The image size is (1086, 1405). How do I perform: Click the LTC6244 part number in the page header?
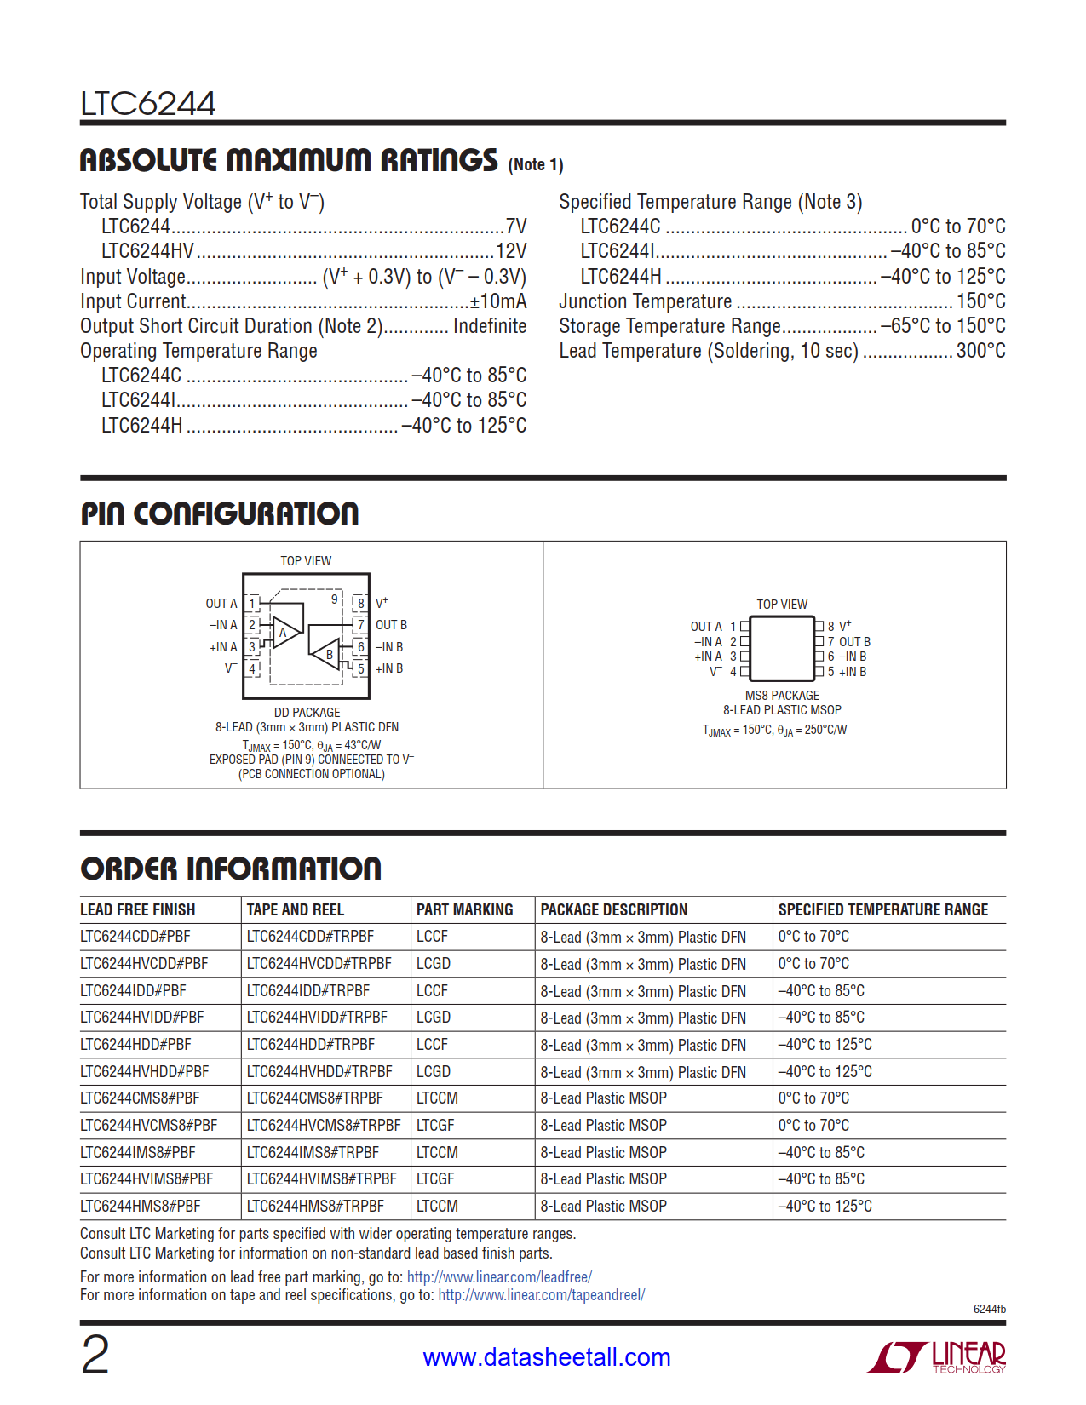(x=147, y=104)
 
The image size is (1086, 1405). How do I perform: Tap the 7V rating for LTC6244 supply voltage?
(x=516, y=227)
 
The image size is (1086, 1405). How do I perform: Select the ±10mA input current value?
(x=498, y=301)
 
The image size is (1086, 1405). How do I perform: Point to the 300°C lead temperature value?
(x=980, y=351)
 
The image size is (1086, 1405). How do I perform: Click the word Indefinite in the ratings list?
(x=490, y=326)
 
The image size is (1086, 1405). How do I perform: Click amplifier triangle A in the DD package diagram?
(x=285, y=632)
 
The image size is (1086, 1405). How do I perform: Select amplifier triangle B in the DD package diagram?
(x=326, y=654)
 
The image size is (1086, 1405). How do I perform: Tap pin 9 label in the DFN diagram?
(x=335, y=599)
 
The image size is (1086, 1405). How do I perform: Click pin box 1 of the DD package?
(x=252, y=604)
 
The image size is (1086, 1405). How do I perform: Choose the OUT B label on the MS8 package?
(x=854, y=642)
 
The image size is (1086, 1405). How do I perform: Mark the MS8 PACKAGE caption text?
(x=782, y=696)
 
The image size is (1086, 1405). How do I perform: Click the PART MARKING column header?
(x=464, y=910)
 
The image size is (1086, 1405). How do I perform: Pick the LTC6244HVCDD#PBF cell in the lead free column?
(x=144, y=964)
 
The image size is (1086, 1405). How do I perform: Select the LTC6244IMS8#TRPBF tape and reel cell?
(x=313, y=1153)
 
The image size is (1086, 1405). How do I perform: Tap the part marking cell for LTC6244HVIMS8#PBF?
(x=435, y=1179)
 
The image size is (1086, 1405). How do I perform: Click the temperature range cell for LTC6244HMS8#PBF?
(x=825, y=1207)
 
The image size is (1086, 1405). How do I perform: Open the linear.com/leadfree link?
(x=499, y=1277)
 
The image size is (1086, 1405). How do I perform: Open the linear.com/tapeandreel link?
(x=541, y=1295)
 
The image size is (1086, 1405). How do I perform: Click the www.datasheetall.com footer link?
(x=547, y=1357)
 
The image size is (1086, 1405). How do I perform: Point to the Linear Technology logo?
(x=937, y=1356)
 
